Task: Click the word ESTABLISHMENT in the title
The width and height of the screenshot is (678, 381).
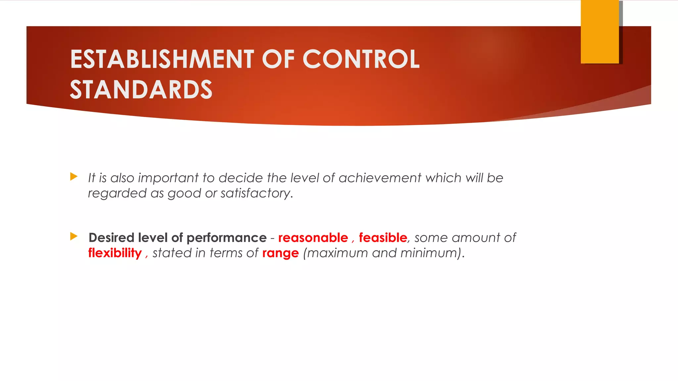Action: click(162, 59)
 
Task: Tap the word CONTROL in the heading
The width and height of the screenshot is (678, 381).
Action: click(361, 59)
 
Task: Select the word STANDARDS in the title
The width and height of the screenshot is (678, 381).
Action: click(141, 90)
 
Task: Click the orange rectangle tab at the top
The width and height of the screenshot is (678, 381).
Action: click(600, 32)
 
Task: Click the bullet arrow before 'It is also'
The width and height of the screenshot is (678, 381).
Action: click(74, 177)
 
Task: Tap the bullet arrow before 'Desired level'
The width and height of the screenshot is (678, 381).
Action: click(74, 236)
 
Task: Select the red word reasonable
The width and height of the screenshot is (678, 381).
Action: click(313, 238)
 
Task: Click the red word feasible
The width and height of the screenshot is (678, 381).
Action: click(383, 238)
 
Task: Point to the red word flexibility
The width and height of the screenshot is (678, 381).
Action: click(115, 253)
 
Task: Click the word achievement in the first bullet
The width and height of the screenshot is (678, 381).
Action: click(380, 178)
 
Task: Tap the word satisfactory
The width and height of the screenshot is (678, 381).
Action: click(256, 193)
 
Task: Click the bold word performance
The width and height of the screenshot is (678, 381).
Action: click(226, 238)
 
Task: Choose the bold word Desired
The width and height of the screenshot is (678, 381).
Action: click(111, 238)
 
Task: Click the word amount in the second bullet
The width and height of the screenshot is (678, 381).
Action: click(475, 238)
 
